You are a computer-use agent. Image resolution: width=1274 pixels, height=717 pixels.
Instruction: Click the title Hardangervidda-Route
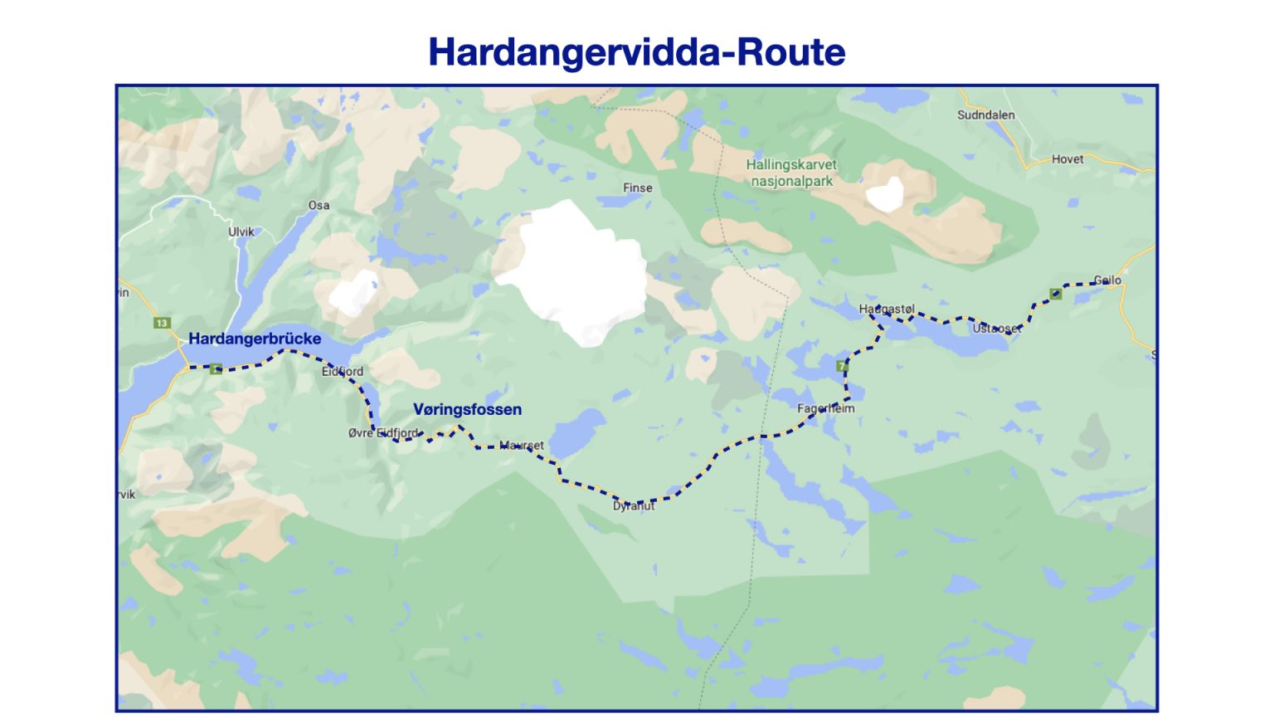coord(636,52)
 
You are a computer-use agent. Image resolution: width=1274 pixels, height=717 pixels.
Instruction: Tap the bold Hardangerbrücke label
coord(255,339)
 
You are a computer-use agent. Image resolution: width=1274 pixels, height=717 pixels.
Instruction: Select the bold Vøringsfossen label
coord(468,409)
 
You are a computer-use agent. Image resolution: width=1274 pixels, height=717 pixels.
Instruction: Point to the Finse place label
coord(638,188)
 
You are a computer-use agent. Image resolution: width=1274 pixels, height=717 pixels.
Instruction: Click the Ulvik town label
coord(241,232)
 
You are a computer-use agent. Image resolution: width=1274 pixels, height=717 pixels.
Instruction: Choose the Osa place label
coord(318,205)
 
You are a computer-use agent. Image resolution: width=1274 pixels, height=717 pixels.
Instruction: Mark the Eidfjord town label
coord(343,371)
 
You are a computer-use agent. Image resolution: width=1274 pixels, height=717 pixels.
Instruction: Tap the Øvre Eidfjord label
coord(383,433)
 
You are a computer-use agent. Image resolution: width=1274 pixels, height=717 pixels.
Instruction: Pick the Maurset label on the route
coord(523,446)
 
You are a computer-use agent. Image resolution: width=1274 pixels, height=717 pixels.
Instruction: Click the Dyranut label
coord(634,505)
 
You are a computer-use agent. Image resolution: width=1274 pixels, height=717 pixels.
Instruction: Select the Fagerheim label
coord(825,408)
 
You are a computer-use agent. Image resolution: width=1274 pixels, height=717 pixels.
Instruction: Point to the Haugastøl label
coord(887,309)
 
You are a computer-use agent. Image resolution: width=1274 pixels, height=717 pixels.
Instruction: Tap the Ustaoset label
coord(996,329)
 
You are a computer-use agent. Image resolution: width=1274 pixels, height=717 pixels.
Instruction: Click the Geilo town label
coord(1107,280)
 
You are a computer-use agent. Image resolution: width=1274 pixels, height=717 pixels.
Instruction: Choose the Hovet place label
coord(1067,159)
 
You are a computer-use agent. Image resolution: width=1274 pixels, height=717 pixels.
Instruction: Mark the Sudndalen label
coord(985,115)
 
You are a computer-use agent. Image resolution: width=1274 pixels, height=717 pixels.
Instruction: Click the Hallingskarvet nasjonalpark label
coord(791,173)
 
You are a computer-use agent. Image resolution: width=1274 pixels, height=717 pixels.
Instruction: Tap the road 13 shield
coord(162,323)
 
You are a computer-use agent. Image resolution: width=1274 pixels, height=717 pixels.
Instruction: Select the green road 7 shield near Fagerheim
coord(841,366)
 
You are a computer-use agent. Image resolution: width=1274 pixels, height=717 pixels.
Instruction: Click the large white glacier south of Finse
coord(576,270)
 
